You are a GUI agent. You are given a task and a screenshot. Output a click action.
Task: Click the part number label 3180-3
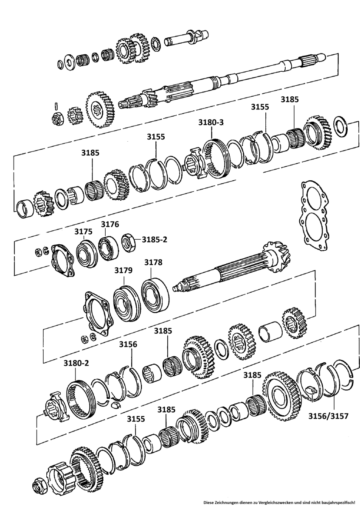pyautogui.click(x=211, y=123)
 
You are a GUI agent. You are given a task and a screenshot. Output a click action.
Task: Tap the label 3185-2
pyautogui.click(x=154, y=239)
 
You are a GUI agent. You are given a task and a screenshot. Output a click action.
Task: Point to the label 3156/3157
pyautogui.click(x=329, y=416)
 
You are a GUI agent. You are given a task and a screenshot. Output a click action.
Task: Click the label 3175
pyautogui.click(x=83, y=232)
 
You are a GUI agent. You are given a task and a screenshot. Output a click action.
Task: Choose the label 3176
pyautogui.click(x=110, y=224)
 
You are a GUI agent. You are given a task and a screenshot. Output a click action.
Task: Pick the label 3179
pyautogui.click(x=123, y=270)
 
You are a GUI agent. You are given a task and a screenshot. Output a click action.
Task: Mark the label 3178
pyautogui.click(x=153, y=263)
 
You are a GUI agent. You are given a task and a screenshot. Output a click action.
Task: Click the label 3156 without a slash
pyautogui.click(x=128, y=344)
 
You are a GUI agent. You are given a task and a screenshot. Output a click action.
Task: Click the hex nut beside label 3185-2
pyautogui.click(x=128, y=242)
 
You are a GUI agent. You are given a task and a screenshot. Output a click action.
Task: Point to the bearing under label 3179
pyautogui.click(x=127, y=304)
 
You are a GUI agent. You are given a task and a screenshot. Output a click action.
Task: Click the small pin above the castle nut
pyautogui.click(x=56, y=105)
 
